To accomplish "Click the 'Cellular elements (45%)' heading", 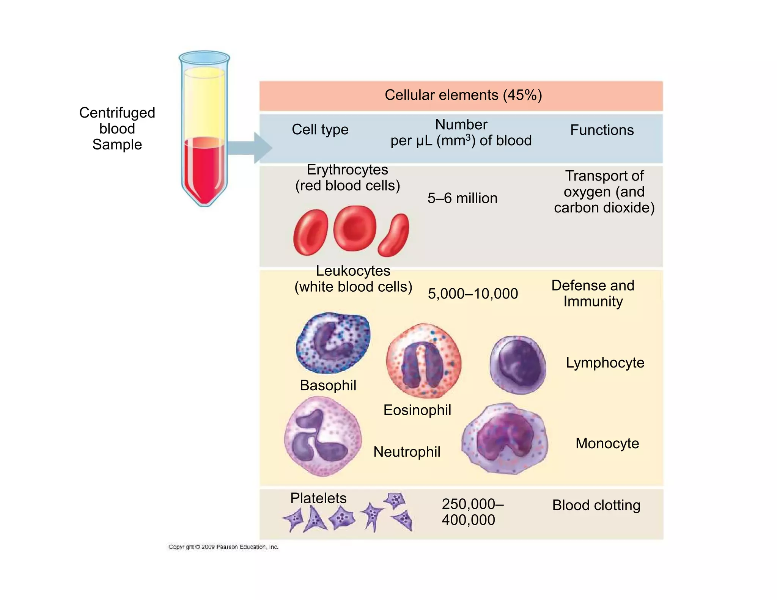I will (x=463, y=95).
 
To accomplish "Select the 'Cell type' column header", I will (x=320, y=130).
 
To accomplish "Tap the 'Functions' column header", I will (x=602, y=130).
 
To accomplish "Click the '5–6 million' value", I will (x=462, y=198).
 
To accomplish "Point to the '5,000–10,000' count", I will (x=473, y=294).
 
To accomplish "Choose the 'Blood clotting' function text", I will (x=596, y=505).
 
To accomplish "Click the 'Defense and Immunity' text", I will (x=593, y=294).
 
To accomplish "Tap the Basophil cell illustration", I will (x=333, y=342).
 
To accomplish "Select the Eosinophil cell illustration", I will (x=423, y=360).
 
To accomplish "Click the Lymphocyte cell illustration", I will (x=518, y=364).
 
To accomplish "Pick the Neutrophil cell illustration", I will (x=322, y=436).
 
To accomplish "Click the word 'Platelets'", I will (x=318, y=498).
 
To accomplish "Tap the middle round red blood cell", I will (x=355, y=228).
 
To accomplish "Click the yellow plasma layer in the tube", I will (x=204, y=102).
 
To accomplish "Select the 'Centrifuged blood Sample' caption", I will (x=117, y=129).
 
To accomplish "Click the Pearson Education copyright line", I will (x=223, y=547).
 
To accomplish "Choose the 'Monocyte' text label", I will (x=607, y=443).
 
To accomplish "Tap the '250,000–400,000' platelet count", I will (x=472, y=512).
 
